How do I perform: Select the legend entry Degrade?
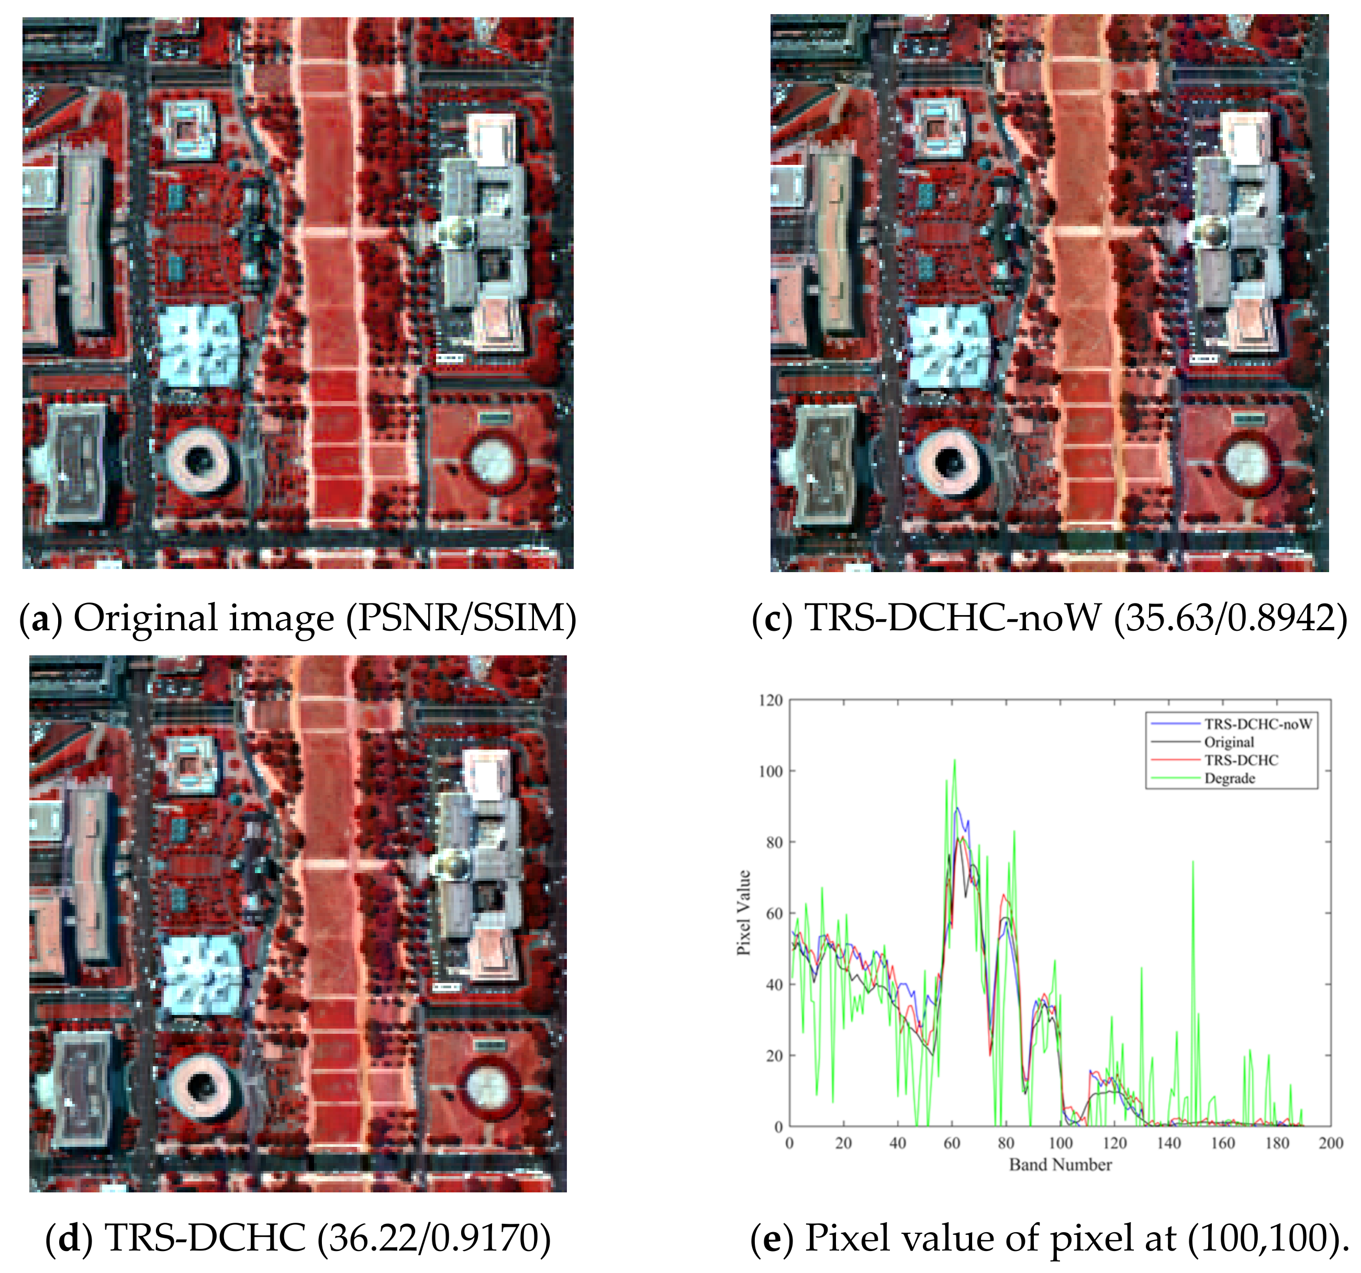[x=1230, y=778]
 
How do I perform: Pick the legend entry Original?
[x=1230, y=742]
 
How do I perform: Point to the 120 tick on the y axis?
[x=771, y=700]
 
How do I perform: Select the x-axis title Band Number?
[x=1060, y=1164]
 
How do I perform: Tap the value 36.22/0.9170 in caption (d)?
[x=434, y=1237]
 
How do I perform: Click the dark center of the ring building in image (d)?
[x=202, y=1088]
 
